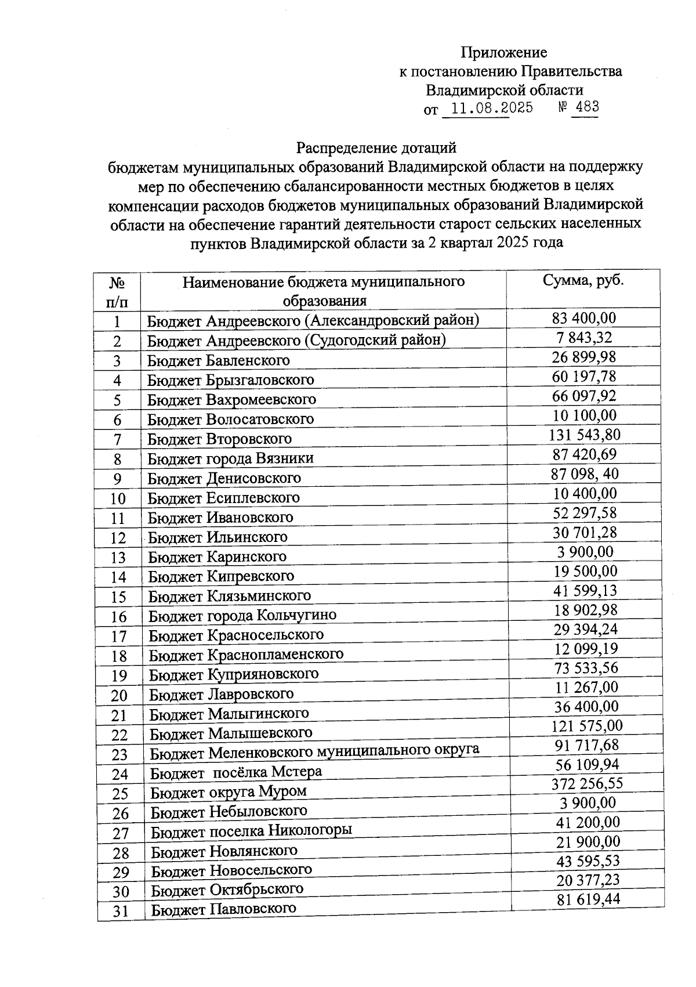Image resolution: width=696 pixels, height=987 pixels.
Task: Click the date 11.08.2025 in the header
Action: click(492, 108)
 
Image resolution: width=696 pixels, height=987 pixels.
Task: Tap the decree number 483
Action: click(586, 107)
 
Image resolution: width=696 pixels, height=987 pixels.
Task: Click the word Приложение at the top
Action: click(503, 53)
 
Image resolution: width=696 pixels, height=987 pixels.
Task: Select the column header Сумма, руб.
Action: click(583, 281)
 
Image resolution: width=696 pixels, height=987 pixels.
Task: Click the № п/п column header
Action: click(117, 292)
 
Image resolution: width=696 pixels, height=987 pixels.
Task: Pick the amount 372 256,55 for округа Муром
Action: click(587, 784)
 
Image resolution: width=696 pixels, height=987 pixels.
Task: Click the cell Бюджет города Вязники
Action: click(230, 458)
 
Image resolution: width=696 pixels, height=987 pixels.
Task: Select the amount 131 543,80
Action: click(585, 435)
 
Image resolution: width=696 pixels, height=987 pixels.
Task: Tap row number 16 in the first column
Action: click(118, 617)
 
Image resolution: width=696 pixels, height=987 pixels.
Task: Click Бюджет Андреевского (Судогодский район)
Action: click(296, 340)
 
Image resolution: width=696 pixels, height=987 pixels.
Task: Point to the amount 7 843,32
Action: click(583, 338)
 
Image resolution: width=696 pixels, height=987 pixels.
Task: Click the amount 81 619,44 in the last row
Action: click(588, 899)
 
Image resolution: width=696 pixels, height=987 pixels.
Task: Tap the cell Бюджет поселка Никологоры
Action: click(251, 831)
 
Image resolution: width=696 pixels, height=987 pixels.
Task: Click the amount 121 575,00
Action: click(586, 726)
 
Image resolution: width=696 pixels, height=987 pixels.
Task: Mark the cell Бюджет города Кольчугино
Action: click(242, 615)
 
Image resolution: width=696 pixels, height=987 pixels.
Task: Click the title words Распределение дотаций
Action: click(376, 148)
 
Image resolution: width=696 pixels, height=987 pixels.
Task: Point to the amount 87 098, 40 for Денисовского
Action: click(585, 474)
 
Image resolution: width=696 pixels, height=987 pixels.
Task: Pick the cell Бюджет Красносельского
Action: click(236, 635)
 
